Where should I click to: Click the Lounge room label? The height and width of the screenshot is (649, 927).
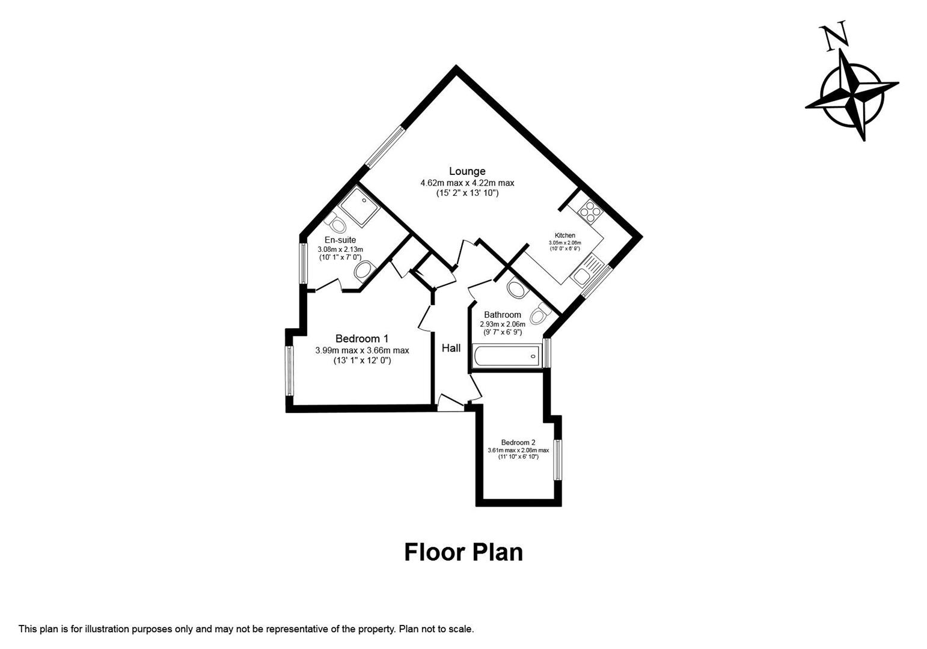pyautogui.click(x=467, y=171)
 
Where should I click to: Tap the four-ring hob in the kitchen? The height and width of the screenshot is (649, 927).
pyautogui.click(x=587, y=210)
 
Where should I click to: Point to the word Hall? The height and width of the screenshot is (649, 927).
pyautogui.click(x=451, y=348)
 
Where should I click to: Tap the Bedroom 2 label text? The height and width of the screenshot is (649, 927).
pyautogui.click(x=518, y=442)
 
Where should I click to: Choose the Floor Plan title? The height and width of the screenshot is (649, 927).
pyautogui.click(x=463, y=552)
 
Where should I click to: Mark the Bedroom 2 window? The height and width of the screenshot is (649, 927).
pyautogui.click(x=558, y=460)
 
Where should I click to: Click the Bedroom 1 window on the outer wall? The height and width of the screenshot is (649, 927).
pyautogui.click(x=289, y=371)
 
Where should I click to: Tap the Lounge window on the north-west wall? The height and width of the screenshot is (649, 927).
pyautogui.click(x=384, y=145)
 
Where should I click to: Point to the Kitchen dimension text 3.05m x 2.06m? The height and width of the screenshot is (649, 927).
pyautogui.click(x=564, y=243)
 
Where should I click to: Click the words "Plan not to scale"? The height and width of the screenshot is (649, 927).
pyautogui.click(x=436, y=629)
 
